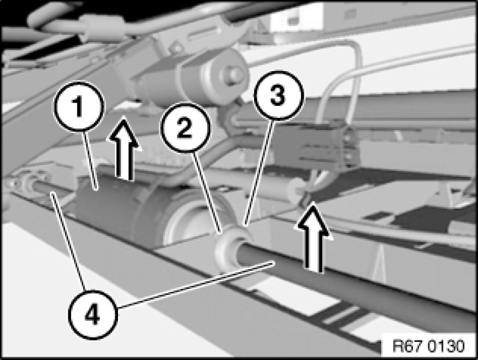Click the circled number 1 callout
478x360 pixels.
pyautogui.click(x=79, y=106)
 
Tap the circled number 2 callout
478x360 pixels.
pyautogui.click(x=185, y=127)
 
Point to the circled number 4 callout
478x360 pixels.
pyautogui.click(x=93, y=314)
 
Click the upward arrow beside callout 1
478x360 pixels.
pyautogui.click(x=124, y=148)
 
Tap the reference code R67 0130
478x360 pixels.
pyautogui.click(x=429, y=346)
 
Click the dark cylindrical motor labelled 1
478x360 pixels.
pyautogui.click(x=122, y=207)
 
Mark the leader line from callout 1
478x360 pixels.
pyautogui.click(x=91, y=161)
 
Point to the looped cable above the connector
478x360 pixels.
pyautogui.click(x=338, y=82)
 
